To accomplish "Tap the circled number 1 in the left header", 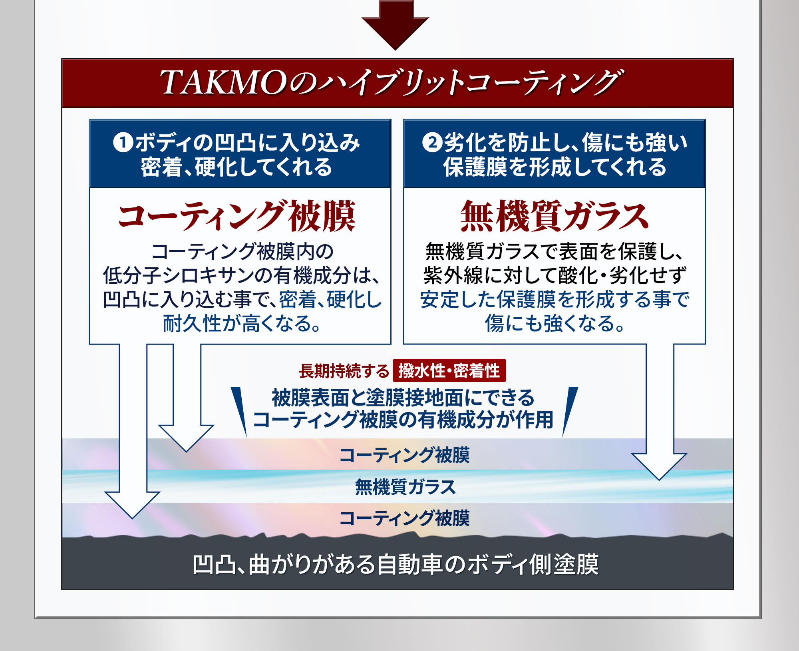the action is [123, 142].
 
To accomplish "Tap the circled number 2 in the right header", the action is [432, 142].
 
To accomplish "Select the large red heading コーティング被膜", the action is [237, 216].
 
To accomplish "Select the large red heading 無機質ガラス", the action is [554, 216].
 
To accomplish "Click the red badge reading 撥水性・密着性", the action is [449, 370].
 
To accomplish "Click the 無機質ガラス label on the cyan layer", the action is [405, 487].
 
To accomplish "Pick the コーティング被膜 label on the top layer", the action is [404, 455].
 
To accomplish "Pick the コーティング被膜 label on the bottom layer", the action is [404, 518].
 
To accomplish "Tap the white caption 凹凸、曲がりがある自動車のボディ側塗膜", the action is [396, 564].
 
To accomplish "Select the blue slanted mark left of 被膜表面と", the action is [240, 410].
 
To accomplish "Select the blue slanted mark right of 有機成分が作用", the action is [569, 410].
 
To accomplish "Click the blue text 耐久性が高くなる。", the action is [242, 323].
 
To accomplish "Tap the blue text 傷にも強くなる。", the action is [555, 323].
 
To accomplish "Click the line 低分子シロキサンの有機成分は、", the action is [241, 275].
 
